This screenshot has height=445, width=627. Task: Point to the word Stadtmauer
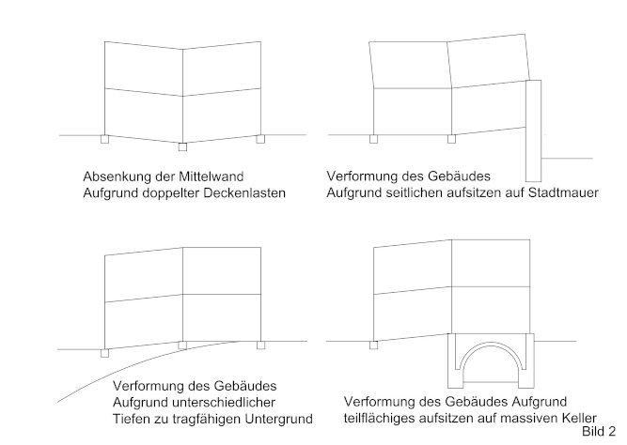(x=563, y=192)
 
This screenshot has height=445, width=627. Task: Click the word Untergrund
(x=278, y=419)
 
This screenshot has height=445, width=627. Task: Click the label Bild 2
(x=599, y=432)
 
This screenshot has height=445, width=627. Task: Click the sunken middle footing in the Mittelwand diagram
(x=182, y=146)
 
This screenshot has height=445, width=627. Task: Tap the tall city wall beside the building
(x=533, y=131)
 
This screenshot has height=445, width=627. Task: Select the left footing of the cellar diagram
(x=373, y=345)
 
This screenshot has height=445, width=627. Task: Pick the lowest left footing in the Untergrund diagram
(x=104, y=353)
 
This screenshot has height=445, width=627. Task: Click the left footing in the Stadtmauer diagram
(x=373, y=139)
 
